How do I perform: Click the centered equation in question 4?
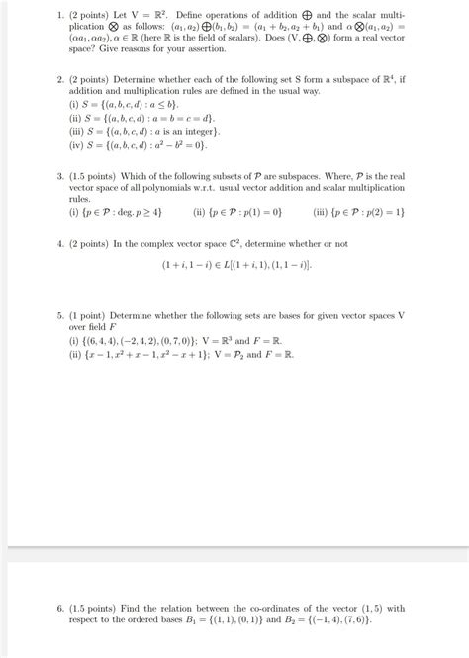point(234,266)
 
